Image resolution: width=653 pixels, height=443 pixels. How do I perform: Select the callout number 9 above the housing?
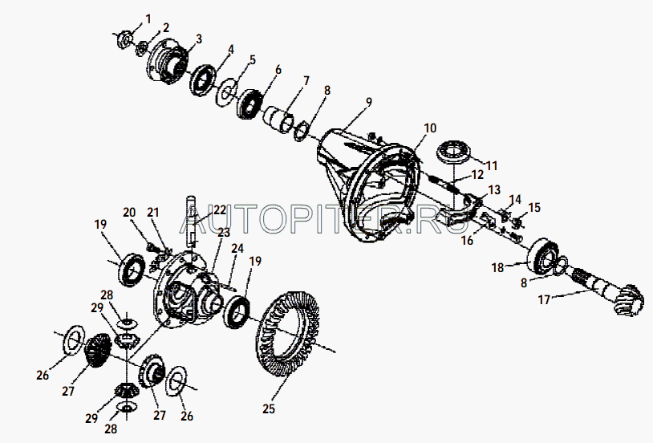point(368,102)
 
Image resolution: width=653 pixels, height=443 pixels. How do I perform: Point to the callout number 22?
point(220,209)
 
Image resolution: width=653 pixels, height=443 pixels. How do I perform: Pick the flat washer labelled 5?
point(227,92)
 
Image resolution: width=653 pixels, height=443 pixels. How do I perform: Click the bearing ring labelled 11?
point(454,153)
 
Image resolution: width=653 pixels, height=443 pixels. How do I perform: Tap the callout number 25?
point(269,408)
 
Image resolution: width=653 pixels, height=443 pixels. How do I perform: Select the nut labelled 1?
point(124,39)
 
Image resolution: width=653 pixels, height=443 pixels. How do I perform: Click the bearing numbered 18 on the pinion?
point(543,256)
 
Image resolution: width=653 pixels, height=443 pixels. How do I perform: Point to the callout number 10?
point(430,128)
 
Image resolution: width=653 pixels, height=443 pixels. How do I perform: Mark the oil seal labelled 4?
point(203,80)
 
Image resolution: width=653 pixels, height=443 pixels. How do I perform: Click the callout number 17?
point(545,299)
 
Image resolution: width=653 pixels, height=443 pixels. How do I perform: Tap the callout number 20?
point(129,212)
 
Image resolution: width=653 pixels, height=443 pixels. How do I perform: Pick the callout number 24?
point(237,249)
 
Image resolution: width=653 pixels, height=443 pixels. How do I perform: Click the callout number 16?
point(467,241)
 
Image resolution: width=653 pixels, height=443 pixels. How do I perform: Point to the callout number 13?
point(494,190)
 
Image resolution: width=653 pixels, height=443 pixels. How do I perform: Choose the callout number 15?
point(534,207)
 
